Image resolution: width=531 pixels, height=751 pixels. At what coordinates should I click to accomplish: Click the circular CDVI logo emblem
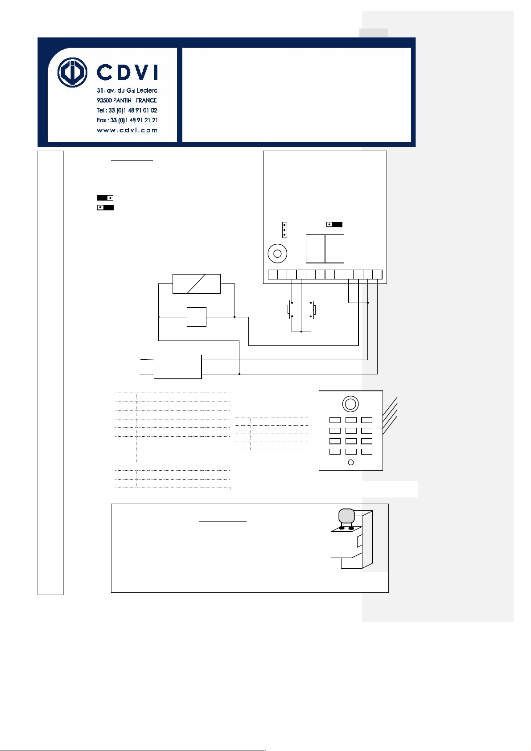[x=72, y=72]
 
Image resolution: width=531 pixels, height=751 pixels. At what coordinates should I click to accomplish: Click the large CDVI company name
[x=127, y=72]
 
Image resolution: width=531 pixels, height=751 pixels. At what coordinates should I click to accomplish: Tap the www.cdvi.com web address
[x=127, y=130]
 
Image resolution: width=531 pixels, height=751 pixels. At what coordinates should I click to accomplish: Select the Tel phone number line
[x=127, y=110]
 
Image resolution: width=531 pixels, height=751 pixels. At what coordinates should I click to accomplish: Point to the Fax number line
[x=127, y=120]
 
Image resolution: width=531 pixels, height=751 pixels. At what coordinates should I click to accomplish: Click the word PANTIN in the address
[x=122, y=100]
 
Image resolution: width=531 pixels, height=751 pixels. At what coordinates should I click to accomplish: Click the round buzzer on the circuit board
[x=277, y=254]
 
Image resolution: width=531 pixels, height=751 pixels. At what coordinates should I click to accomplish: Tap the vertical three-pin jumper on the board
[x=284, y=230]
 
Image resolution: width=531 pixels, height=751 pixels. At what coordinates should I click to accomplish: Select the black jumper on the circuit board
[x=334, y=225]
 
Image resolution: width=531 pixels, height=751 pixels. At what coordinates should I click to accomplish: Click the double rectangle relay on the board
[x=325, y=249]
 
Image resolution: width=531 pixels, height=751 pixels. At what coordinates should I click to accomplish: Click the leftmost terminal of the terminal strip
[x=273, y=275]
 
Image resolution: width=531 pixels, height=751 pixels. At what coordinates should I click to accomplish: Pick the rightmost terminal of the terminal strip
[x=377, y=275]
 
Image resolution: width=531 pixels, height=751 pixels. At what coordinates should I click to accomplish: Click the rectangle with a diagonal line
[x=197, y=284]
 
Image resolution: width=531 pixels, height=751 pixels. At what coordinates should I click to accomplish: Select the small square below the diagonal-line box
[x=197, y=317]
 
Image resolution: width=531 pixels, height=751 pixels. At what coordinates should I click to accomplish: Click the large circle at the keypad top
[x=350, y=404]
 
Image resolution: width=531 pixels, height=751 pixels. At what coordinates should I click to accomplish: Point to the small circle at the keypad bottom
[x=351, y=462]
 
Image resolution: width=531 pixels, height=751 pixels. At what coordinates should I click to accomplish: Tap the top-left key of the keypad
[x=335, y=420]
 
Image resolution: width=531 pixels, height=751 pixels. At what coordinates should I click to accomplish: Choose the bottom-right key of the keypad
[x=366, y=451]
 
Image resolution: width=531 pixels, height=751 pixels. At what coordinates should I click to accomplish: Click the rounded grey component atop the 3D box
[x=346, y=516]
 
